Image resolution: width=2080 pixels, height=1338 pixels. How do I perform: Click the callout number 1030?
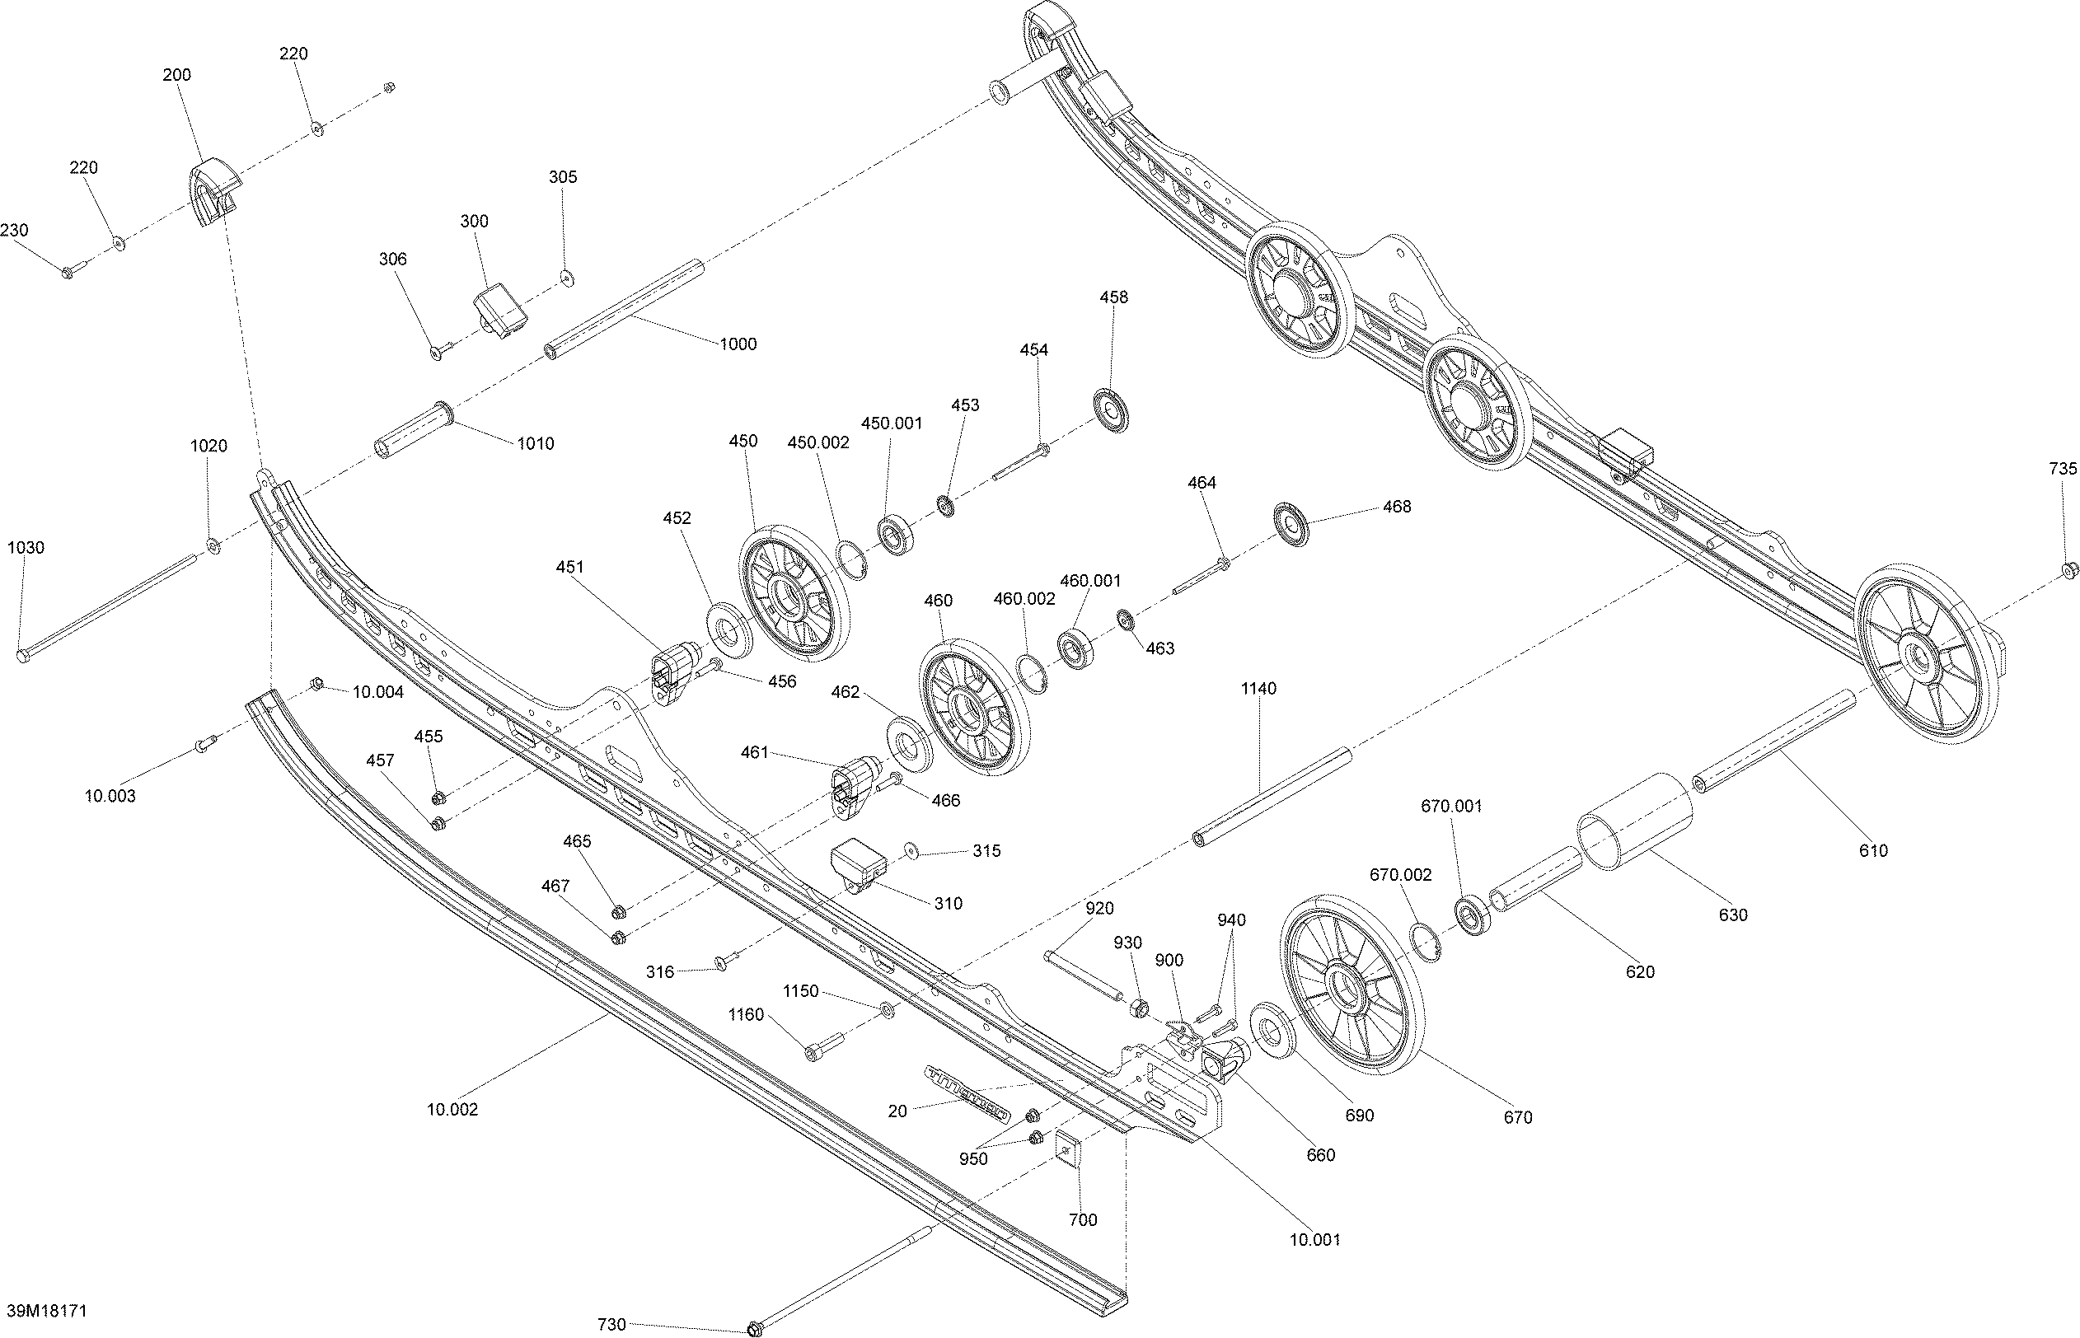(x=26, y=547)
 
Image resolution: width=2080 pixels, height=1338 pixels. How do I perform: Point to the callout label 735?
(x=2063, y=469)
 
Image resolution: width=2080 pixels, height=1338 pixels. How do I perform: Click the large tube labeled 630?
(x=1634, y=821)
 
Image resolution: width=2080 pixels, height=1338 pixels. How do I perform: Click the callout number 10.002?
(x=452, y=1110)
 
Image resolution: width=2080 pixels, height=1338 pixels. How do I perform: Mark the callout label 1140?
(x=1258, y=689)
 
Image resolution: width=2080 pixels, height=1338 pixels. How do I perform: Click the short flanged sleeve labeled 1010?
(x=413, y=430)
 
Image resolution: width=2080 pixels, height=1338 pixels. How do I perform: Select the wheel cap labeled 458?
(x=1110, y=411)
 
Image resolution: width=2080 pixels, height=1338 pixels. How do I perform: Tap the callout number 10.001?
(x=1314, y=1240)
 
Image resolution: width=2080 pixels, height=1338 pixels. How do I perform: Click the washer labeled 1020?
(x=212, y=546)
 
